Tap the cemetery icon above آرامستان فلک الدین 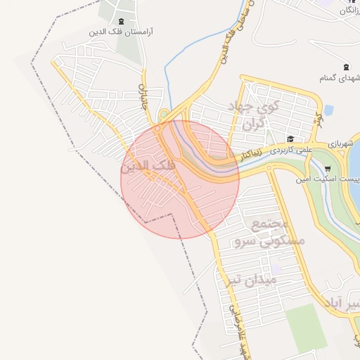[x=122, y=21]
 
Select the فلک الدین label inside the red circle [x=148, y=167]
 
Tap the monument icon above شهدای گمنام [x=345, y=67]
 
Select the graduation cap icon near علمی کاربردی [x=290, y=139]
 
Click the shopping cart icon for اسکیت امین [x=328, y=169]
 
